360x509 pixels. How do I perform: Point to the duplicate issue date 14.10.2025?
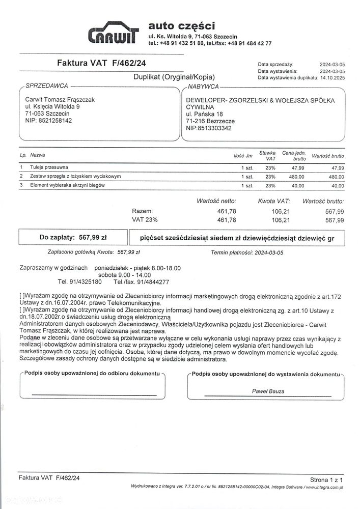pyautogui.click(x=331, y=78)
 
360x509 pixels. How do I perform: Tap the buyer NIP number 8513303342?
pyautogui.click(x=214, y=128)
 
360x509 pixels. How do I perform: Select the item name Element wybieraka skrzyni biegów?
pyautogui.click(x=67, y=185)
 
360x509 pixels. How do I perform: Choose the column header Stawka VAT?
pyautogui.click(x=267, y=155)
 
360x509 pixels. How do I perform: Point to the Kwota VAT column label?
pyautogui.click(x=273, y=202)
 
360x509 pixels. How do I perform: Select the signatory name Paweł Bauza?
pyautogui.click(x=268, y=391)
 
